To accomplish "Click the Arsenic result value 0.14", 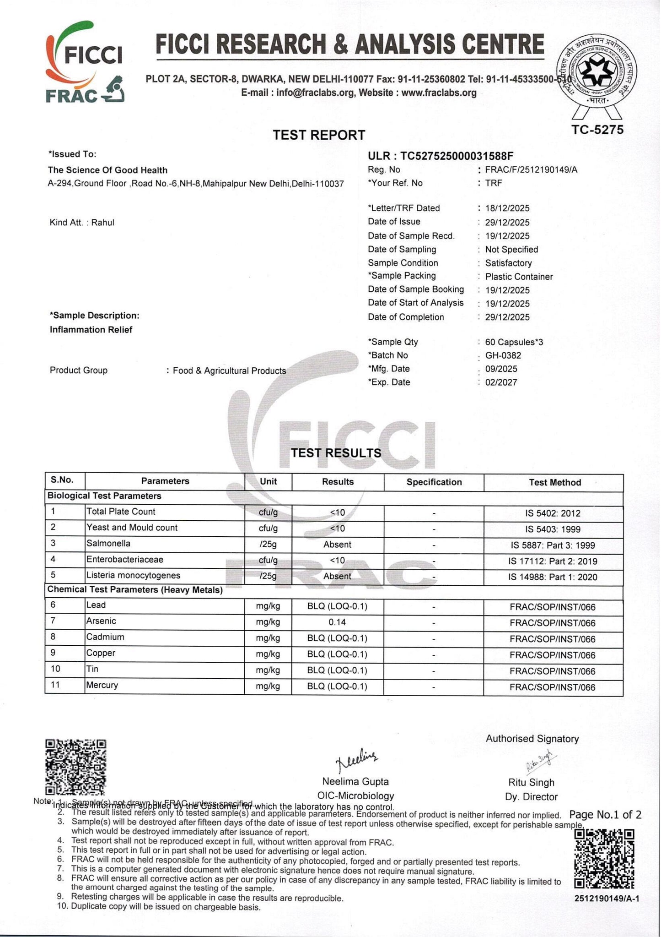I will pos(337,622).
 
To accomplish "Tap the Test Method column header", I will pos(554,482).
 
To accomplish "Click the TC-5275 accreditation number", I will pos(597,130).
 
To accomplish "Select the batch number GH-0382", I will pos(503,355).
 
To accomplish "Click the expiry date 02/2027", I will pos(501,382).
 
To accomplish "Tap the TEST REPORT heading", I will pos(319,135).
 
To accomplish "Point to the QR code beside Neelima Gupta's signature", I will pos(76,767).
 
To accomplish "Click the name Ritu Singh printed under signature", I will pos(531,782).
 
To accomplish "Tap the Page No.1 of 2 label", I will pos(605,814).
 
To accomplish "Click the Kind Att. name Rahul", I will pos(102,223).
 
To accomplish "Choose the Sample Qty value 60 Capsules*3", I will pos(514,342).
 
